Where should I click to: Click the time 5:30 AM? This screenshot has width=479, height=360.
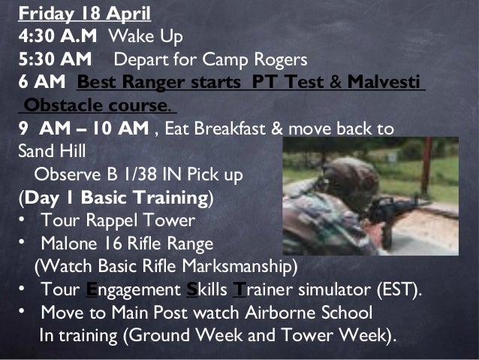pyautogui.click(x=55, y=58)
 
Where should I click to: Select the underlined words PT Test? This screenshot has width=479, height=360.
pyautogui.click(x=290, y=81)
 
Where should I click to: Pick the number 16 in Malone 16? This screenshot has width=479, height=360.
pyautogui.click(x=107, y=244)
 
